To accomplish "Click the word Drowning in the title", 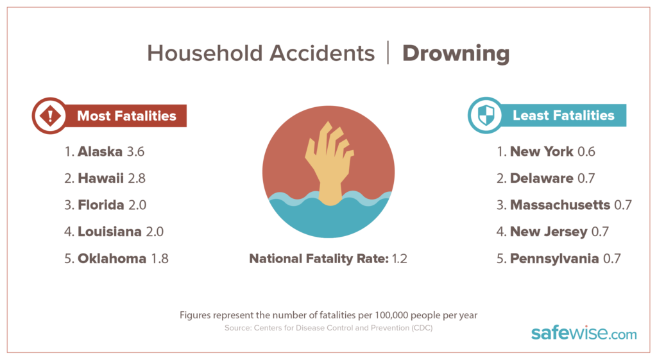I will pos(456,53).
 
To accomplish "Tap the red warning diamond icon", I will pos(49,116).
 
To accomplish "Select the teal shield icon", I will pos(484,116).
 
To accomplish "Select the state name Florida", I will pos(101,205).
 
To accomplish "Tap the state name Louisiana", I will pos(109,232).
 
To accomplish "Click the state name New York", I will pos(542,152).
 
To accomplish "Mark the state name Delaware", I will pos(541,178).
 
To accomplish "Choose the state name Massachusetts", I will pos(559,205).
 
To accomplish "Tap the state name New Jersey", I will pos(548,232).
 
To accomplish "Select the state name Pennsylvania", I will pos(554,259).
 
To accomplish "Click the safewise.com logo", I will pos(584,334).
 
